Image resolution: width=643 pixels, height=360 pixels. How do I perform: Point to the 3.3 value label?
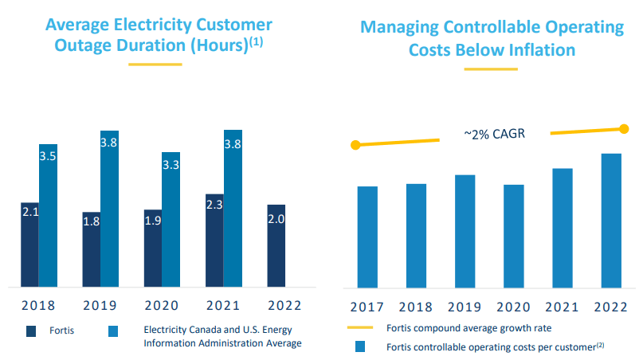tap(171, 166)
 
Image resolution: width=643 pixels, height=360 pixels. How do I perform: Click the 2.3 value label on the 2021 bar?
tap(214, 204)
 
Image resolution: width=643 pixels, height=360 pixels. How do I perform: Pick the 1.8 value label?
tap(91, 221)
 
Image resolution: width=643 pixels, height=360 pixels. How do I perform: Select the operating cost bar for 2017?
tap(367, 237)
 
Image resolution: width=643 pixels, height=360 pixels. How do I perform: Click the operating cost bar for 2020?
tap(514, 236)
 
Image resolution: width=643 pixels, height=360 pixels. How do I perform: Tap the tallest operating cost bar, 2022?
tap(611, 220)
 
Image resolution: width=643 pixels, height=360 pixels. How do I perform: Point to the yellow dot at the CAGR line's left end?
tap(355, 145)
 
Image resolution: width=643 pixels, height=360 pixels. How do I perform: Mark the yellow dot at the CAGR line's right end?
tap(624, 128)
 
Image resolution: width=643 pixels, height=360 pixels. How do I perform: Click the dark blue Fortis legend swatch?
tap(32, 331)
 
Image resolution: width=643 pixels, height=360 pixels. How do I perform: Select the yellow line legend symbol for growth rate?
tap(359, 327)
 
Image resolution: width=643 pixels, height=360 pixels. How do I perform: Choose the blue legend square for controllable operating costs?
tap(359, 346)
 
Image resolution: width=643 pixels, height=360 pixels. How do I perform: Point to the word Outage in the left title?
tap(85, 45)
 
